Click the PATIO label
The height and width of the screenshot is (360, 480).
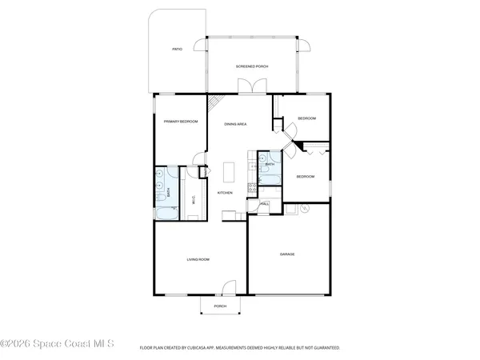click(177, 50)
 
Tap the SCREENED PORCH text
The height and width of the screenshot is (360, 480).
click(250, 66)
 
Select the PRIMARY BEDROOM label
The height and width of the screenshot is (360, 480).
click(181, 121)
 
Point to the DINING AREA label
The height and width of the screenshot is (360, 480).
click(234, 124)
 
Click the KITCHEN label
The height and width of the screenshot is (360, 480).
click(226, 193)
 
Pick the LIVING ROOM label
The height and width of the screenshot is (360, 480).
click(198, 258)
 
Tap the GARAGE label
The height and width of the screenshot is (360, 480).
click(287, 254)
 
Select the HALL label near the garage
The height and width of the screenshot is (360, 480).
click(264, 205)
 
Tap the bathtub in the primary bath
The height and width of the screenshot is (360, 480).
click(165, 212)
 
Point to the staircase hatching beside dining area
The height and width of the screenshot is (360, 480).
click(215, 104)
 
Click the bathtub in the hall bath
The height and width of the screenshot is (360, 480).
click(270, 177)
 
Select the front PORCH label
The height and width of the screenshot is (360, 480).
click(220, 306)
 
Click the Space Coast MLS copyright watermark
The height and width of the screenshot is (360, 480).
click(58, 345)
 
